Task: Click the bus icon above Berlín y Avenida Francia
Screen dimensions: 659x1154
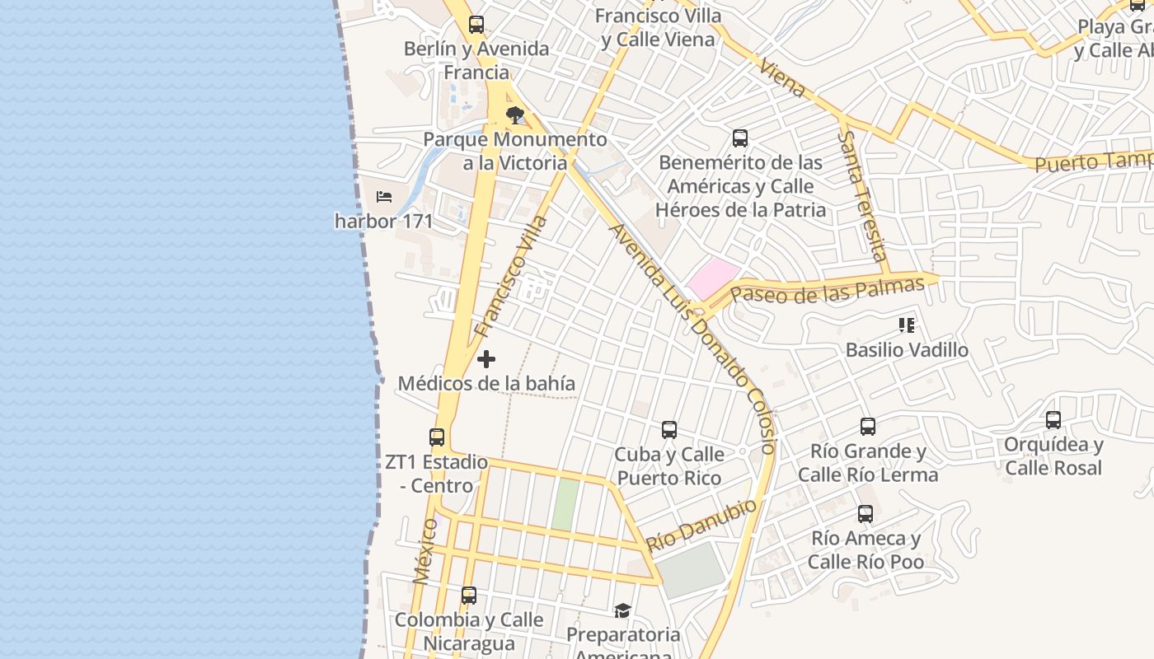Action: pyautogui.click(x=476, y=25)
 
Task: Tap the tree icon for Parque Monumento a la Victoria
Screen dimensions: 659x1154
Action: pyautogui.click(x=515, y=115)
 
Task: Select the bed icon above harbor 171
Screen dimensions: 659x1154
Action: pyautogui.click(x=384, y=197)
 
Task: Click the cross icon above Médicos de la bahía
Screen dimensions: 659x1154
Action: pyautogui.click(x=486, y=359)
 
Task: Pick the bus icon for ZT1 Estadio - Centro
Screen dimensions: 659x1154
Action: pyautogui.click(x=437, y=437)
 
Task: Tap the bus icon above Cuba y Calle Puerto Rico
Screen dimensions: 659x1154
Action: pyautogui.click(x=669, y=430)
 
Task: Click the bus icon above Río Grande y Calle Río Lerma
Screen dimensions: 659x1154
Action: pyautogui.click(x=868, y=427)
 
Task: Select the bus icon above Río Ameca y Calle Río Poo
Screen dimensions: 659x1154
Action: pyautogui.click(x=865, y=514)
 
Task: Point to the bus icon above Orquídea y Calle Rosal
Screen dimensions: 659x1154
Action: pyautogui.click(x=1053, y=420)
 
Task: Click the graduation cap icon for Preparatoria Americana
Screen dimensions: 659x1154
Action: pyautogui.click(x=622, y=611)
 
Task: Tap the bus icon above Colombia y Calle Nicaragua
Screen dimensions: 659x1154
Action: pyautogui.click(x=469, y=596)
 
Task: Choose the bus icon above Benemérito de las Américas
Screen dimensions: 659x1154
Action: pyautogui.click(x=740, y=138)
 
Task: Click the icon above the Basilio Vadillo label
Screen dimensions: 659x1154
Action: pyautogui.click(x=907, y=325)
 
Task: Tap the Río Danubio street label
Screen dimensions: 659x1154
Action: pyautogui.click(x=701, y=526)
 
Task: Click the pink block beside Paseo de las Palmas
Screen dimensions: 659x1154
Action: pyautogui.click(x=713, y=278)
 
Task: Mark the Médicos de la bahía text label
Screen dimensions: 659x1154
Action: pyautogui.click(x=486, y=384)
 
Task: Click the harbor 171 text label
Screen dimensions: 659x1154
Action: pyautogui.click(x=384, y=221)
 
